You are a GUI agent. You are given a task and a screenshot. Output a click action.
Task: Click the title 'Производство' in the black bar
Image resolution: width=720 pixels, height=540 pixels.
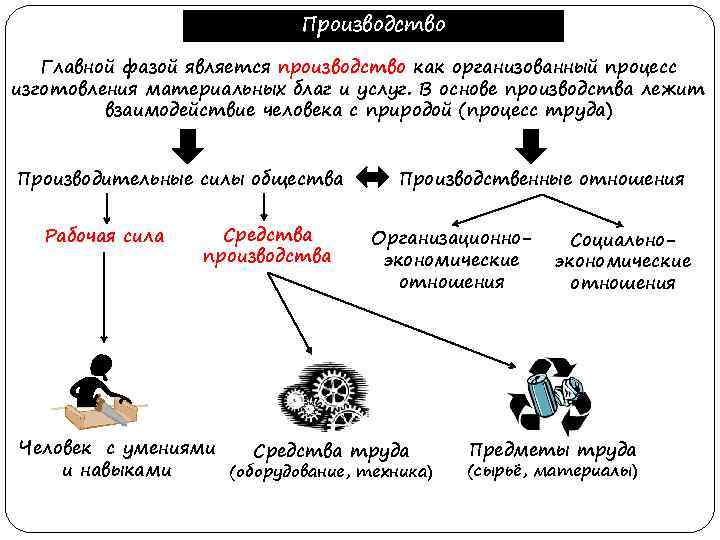click(x=373, y=24)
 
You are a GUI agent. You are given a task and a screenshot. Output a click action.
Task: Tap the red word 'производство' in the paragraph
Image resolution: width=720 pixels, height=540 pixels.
click(x=342, y=66)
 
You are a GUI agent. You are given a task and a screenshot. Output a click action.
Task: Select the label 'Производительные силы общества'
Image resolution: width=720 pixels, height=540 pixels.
click(x=181, y=179)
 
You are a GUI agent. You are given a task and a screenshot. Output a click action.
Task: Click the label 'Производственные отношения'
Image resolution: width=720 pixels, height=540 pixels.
click(x=541, y=179)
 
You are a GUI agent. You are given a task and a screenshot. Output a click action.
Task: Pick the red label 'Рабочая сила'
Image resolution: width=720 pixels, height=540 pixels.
click(x=105, y=237)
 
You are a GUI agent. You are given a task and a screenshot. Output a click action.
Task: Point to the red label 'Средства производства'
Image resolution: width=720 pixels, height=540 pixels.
click(x=267, y=245)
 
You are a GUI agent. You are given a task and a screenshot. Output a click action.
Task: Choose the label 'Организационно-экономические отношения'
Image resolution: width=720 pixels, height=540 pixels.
click(x=450, y=260)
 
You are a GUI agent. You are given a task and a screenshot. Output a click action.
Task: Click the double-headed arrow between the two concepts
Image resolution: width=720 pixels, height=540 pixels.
click(x=372, y=178)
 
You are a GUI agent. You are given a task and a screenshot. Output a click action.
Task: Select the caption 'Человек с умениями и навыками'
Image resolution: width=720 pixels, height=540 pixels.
click(x=118, y=459)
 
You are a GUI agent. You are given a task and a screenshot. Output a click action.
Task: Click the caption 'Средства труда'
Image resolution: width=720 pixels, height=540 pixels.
click(x=331, y=451)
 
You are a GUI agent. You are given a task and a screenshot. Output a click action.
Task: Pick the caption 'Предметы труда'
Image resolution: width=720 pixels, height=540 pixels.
click(x=552, y=449)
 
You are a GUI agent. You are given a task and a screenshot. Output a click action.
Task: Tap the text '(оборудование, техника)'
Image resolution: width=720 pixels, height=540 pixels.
click(x=331, y=471)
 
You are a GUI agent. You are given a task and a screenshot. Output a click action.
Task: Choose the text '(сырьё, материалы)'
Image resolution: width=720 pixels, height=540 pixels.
click(x=552, y=470)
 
